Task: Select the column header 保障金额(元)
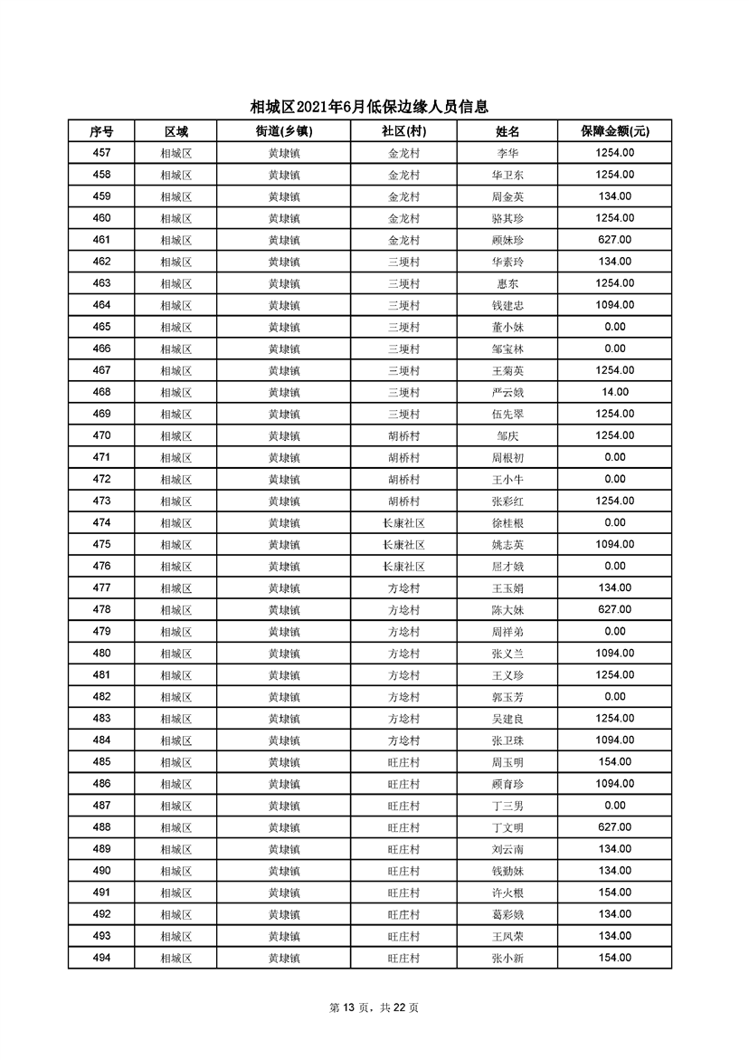point(614,131)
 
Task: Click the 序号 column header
point(101,131)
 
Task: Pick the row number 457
point(101,153)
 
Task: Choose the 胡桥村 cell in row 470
point(403,435)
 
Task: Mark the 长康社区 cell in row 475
point(403,544)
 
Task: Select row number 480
point(101,654)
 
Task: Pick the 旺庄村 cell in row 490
point(403,871)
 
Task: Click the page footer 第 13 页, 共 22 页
point(374,1007)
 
